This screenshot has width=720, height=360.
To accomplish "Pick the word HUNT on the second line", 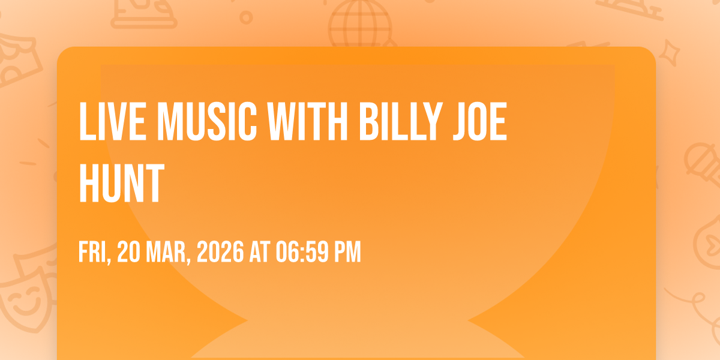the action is tap(122, 183).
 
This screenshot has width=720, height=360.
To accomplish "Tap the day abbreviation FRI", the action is tap(95, 253).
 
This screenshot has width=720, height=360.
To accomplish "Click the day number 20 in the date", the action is tap(128, 252).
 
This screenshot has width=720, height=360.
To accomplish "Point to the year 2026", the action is tap(220, 252).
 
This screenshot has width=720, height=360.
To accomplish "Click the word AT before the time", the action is tap(260, 252).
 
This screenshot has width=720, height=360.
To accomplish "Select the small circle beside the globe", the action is tap(246, 17).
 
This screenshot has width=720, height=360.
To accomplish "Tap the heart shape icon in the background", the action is tap(710, 246).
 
